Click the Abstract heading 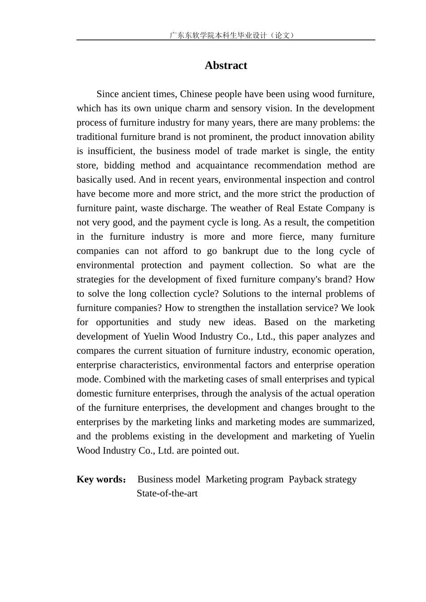tap(226, 65)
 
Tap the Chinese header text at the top tap(232, 35)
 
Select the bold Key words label tap(101, 479)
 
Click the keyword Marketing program tap(244, 479)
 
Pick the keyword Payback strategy tap(322, 479)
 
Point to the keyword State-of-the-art tap(167, 494)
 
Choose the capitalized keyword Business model tap(169, 479)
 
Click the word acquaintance tap(222, 166)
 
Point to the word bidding tap(119, 166)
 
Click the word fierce tap(290, 237)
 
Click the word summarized tap(352, 422)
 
